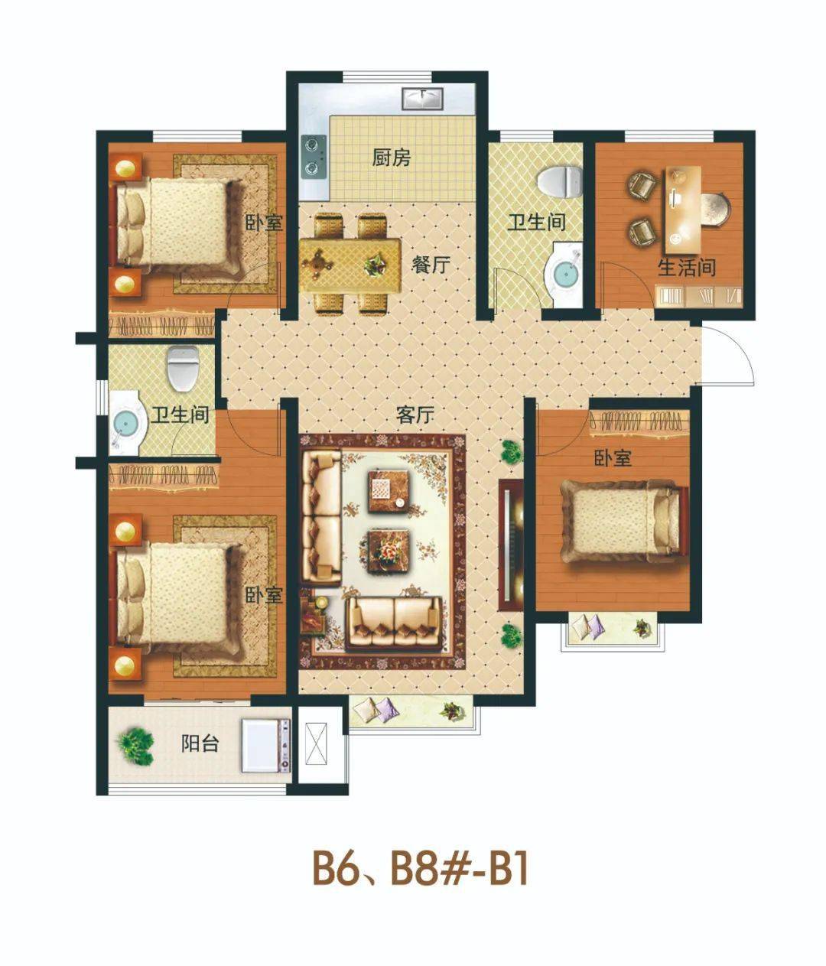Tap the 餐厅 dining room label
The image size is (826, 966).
click(x=431, y=264)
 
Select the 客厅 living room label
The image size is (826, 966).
click(x=415, y=414)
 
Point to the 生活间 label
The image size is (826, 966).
click(x=687, y=268)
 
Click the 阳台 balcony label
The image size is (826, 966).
click(x=200, y=743)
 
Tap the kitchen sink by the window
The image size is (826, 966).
click(x=422, y=99)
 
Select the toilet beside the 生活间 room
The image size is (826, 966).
click(x=560, y=181)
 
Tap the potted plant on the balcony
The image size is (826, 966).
click(x=135, y=745)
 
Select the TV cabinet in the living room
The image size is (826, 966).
click(x=510, y=545)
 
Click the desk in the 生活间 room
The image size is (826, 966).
click(x=682, y=210)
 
